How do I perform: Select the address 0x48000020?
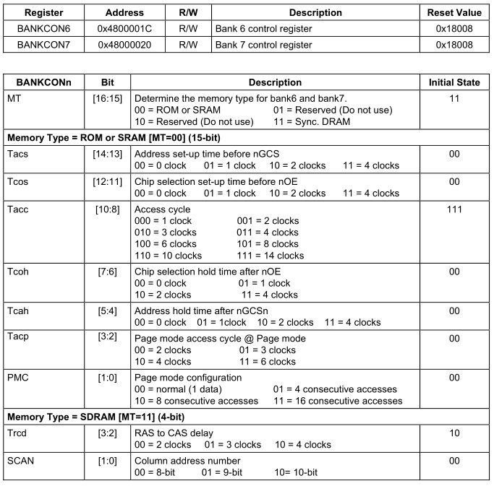(x=124, y=45)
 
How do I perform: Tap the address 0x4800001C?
(x=124, y=28)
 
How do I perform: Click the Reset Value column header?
(x=454, y=12)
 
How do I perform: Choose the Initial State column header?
(x=454, y=82)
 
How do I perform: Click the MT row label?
(x=14, y=97)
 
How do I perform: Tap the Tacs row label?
(x=20, y=153)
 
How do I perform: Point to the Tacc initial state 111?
(x=454, y=209)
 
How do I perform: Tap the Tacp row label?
(x=20, y=338)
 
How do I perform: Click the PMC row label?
(x=19, y=378)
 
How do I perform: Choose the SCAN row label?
(x=22, y=460)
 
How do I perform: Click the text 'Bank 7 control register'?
(x=263, y=45)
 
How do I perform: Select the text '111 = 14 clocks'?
(x=271, y=255)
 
